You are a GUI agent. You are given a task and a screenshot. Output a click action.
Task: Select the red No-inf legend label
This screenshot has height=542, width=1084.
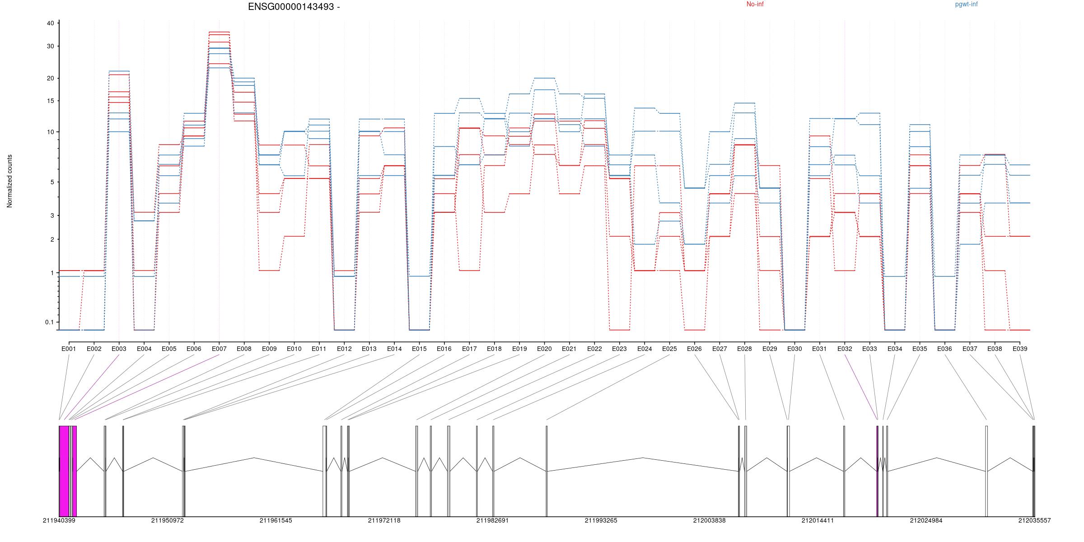[755, 5]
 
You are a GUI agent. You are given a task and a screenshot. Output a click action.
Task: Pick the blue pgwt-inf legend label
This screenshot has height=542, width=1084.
[966, 5]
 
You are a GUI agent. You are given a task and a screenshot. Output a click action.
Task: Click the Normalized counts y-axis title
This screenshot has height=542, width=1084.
[9, 181]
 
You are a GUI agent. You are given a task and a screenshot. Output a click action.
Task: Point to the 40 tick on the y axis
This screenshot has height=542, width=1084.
[50, 23]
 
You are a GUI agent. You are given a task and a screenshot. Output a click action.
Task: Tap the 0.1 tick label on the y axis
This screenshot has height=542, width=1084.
[49, 322]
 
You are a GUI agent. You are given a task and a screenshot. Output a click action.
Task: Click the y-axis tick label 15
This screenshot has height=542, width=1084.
[50, 101]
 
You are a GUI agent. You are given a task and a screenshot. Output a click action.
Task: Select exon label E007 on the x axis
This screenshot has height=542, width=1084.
[219, 349]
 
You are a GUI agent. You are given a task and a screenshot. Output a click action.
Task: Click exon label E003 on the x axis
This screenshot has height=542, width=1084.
[119, 349]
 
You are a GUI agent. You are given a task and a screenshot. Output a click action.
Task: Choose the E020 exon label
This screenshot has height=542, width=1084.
[544, 349]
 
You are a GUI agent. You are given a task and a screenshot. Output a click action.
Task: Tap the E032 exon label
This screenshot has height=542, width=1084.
[845, 349]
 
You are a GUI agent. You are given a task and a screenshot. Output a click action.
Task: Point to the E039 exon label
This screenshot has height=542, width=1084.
[1020, 349]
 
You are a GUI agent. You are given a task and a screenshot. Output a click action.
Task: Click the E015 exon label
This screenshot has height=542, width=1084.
[419, 349]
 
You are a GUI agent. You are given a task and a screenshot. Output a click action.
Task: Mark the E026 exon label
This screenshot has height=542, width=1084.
[694, 349]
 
